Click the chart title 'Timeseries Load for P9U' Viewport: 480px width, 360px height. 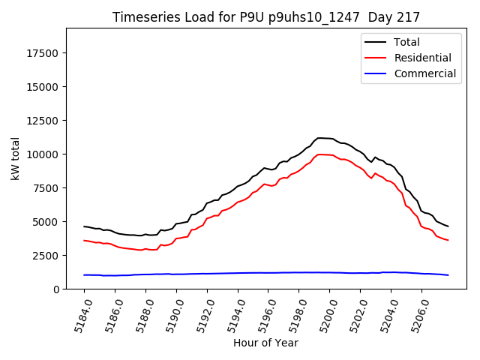click(x=265, y=16)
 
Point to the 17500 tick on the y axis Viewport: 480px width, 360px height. click(x=43, y=53)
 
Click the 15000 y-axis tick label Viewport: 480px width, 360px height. click(x=43, y=87)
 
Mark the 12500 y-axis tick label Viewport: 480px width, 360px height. click(x=43, y=121)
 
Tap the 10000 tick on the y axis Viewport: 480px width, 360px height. click(x=43, y=154)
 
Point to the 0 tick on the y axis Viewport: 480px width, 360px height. click(x=56, y=289)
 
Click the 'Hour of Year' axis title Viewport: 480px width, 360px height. click(x=265, y=343)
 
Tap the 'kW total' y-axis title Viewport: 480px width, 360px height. click(x=15, y=158)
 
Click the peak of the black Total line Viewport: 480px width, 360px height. click(x=320, y=138)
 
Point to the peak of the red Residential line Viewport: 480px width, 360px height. click(x=321, y=154)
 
